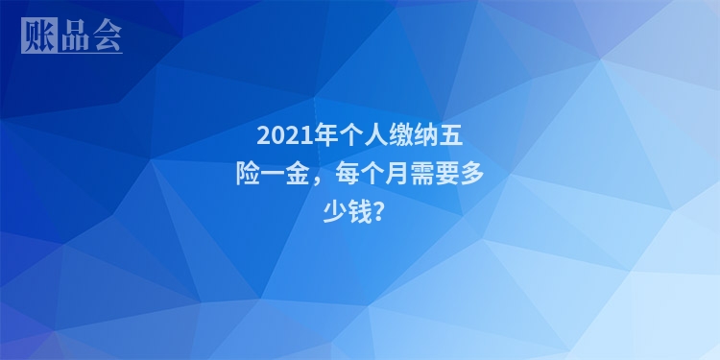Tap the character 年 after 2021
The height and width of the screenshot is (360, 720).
coord(321,134)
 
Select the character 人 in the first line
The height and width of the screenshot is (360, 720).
coord(372,134)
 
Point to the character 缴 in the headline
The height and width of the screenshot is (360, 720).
coord(397,134)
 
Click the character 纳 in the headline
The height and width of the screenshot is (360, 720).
coord(423,134)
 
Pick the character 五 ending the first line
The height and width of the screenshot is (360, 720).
coord(449,134)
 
